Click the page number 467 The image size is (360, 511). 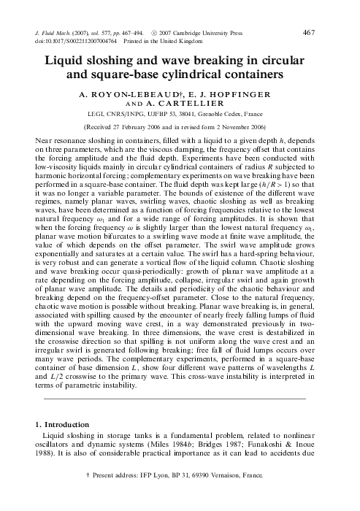[x=329, y=31]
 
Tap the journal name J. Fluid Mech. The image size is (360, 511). [x=55, y=33]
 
